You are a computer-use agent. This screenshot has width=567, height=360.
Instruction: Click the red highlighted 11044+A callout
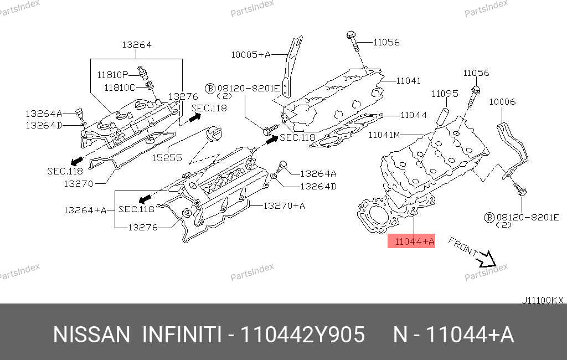pyautogui.click(x=411, y=241)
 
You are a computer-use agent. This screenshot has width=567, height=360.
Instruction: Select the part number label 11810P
pyautogui.click(x=112, y=75)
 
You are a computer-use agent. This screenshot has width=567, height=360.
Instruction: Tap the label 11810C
pyautogui.click(x=120, y=88)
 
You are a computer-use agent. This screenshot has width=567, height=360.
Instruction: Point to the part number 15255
pyautogui.click(x=167, y=158)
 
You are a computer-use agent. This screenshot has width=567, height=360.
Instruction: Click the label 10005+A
pyautogui.click(x=251, y=55)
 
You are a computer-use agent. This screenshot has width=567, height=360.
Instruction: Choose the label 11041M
pyautogui.click(x=384, y=135)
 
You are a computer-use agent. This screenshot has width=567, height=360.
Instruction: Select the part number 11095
pyautogui.click(x=445, y=94)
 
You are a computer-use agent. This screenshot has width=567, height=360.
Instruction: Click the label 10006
pyautogui.click(x=502, y=102)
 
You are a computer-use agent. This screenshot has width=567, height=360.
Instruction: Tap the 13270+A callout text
pyautogui.click(x=284, y=206)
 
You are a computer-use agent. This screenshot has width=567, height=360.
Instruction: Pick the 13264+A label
pyautogui.click(x=85, y=210)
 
